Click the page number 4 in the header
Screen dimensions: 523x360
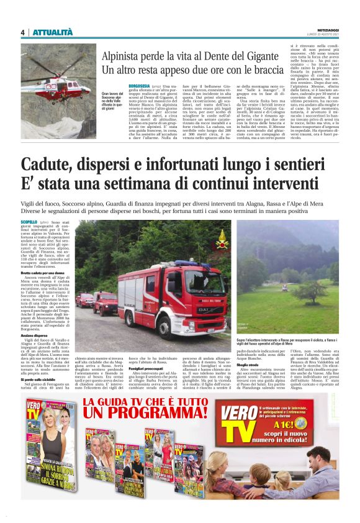pos(22,32)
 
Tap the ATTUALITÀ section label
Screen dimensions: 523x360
pos(53,32)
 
